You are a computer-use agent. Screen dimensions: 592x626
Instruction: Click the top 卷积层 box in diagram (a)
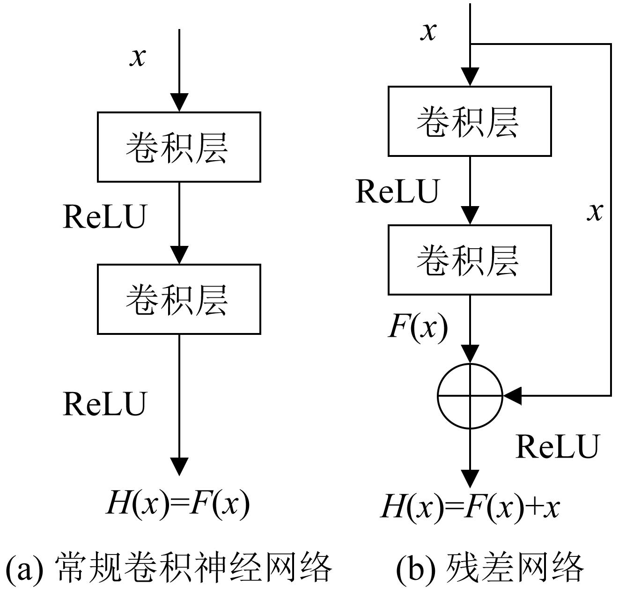[179, 147]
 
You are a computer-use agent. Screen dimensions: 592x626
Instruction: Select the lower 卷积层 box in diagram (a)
[179, 299]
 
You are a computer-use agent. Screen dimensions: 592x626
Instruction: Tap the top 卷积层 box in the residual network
[470, 121]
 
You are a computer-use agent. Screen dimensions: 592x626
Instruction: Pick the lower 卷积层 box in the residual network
[470, 260]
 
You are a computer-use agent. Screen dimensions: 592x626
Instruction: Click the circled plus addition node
[470, 396]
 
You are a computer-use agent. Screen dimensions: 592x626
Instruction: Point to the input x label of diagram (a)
[138, 57]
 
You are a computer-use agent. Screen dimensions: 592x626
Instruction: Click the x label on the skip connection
[595, 212]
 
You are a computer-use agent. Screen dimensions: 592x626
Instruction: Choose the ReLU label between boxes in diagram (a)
[104, 216]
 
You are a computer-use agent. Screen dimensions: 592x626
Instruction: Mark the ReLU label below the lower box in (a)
[104, 404]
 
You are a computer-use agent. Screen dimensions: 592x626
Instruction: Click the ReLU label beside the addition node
[557, 446]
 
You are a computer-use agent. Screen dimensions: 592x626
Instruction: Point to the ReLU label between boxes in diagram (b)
[397, 191]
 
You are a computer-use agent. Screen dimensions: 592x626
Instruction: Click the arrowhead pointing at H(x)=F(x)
[179, 466]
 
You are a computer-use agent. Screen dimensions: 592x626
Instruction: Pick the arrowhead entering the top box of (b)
[470, 76]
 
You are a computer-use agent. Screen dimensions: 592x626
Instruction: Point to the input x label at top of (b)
[428, 31]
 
